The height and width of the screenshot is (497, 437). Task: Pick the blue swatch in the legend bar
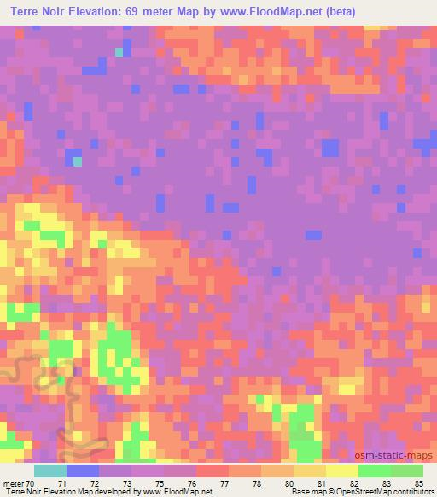point(83,471)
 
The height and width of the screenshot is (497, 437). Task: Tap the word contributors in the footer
point(413,492)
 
